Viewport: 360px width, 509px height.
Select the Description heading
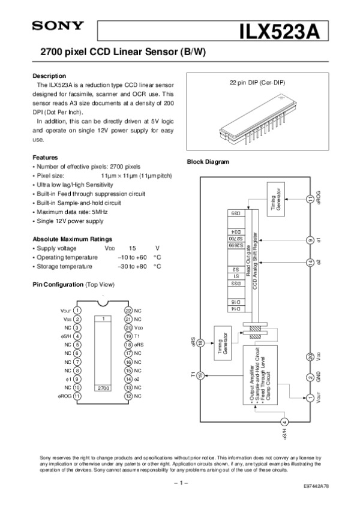tap(49, 76)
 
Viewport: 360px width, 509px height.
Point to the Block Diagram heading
tap(208, 162)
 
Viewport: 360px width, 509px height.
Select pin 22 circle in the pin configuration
tap(128, 311)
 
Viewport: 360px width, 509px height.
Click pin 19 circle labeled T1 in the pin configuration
tap(128, 336)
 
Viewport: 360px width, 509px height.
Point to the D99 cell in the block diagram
tap(236, 213)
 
